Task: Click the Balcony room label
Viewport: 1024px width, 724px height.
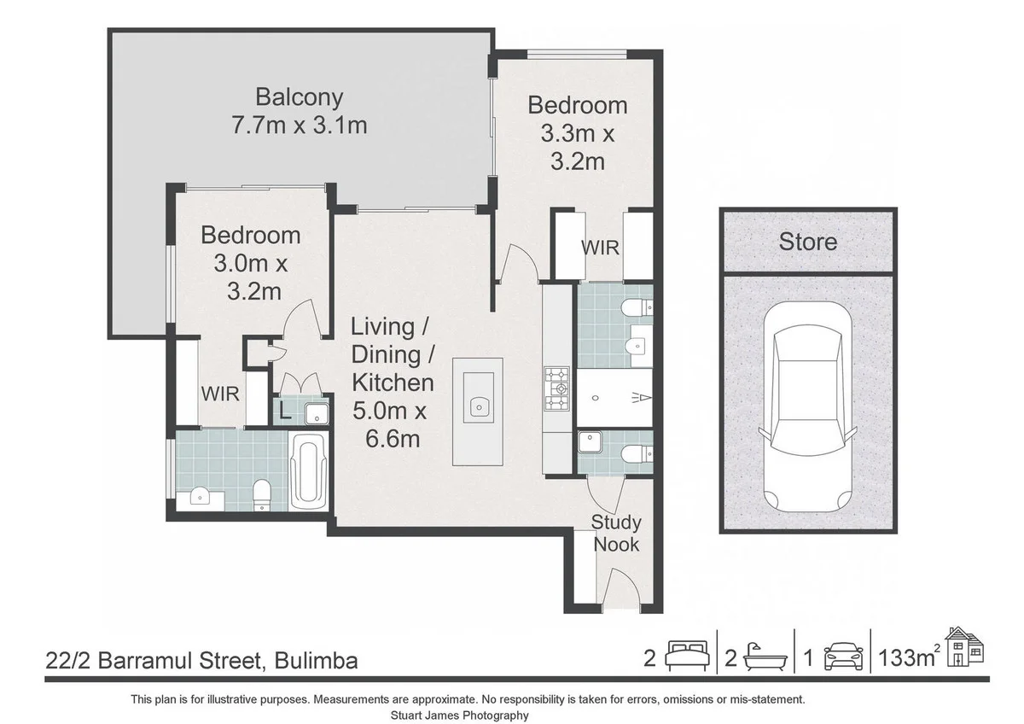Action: point(299,98)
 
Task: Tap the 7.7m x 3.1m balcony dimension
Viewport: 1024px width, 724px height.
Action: point(299,126)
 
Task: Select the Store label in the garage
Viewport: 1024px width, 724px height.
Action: point(808,242)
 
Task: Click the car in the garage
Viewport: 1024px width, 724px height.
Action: point(808,406)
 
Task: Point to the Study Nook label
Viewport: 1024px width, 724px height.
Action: point(616,534)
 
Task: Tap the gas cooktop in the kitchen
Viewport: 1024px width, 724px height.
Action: point(556,388)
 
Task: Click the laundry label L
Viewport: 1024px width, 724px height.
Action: point(284,413)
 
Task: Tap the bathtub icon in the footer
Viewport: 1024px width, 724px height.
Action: point(765,657)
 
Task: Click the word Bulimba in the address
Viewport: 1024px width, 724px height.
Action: point(316,661)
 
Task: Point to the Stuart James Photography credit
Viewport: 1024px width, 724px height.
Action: point(459,715)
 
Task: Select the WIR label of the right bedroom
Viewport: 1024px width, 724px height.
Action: point(600,248)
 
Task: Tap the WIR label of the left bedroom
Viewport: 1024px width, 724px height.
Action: point(220,394)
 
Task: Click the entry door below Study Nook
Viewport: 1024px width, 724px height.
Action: point(621,589)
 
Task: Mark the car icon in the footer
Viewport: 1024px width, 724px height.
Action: point(843,657)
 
